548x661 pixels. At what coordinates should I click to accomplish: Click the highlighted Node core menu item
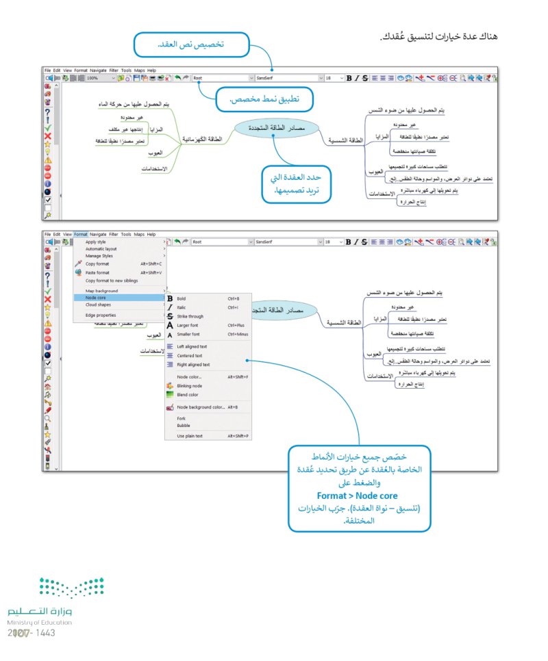(96, 298)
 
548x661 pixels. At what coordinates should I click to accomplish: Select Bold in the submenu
(182, 299)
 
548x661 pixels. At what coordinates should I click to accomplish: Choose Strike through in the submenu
(190, 317)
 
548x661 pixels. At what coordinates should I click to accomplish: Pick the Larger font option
(188, 326)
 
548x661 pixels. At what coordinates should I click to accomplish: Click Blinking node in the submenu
(189, 386)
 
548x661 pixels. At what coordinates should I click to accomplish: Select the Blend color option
(187, 395)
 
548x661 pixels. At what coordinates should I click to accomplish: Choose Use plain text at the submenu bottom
(190, 436)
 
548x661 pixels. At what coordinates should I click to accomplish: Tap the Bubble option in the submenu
(184, 426)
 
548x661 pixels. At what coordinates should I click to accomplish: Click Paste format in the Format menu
(97, 272)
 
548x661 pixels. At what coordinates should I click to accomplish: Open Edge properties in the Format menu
(101, 315)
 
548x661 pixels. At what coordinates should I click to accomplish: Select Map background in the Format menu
(101, 291)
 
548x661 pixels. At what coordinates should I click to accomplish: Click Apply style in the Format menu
(96, 242)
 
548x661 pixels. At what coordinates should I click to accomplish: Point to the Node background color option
(201, 407)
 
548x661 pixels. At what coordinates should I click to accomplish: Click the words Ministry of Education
(40, 622)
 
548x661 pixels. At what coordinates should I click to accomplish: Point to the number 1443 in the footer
(44, 633)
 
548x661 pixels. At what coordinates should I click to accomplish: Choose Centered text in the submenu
(190, 356)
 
